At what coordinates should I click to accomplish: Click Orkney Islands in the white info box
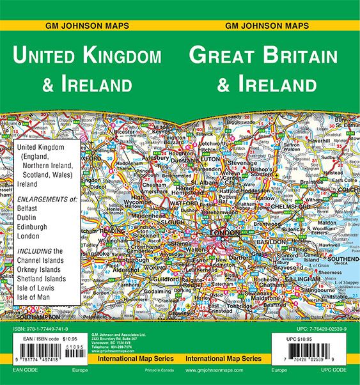point(42,269)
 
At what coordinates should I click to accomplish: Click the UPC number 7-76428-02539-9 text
point(317,328)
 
